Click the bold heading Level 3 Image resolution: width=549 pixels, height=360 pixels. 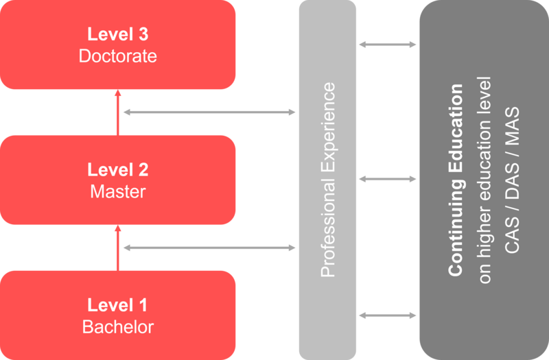[x=117, y=34]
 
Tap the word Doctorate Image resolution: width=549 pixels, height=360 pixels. [x=117, y=56]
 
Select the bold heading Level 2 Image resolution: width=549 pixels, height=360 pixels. [x=117, y=169]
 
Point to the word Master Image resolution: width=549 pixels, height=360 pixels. [x=117, y=191]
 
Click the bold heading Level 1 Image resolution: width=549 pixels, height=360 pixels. [x=117, y=304]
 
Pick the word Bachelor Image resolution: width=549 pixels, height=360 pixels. [x=117, y=326]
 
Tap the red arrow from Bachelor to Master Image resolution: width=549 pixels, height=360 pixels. [x=117, y=248]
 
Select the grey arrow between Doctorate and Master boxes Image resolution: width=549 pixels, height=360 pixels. [x=209, y=112]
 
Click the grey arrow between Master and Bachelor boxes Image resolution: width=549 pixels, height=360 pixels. [x=209, y=248]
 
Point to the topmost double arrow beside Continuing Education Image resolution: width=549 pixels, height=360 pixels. [x=388, y=45]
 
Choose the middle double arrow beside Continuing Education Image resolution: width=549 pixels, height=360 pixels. [x=388, y=180]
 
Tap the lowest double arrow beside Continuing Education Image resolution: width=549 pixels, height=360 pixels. [x=388, y=315]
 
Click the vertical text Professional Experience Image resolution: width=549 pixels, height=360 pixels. [x=328, y=180]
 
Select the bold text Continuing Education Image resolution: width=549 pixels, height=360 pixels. [x=456, y=180]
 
